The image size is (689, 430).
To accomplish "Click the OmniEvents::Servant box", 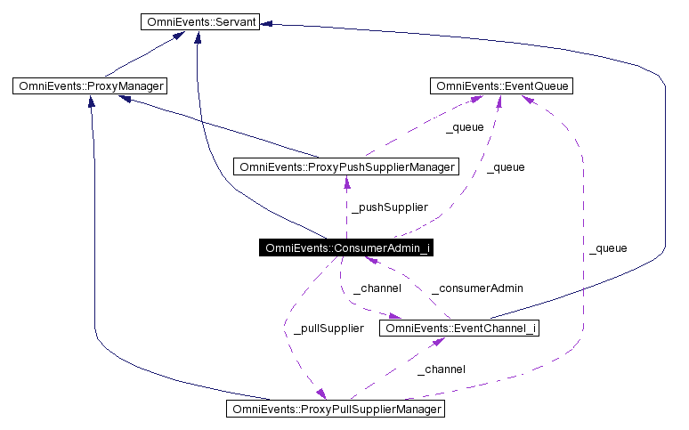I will pos(199,21).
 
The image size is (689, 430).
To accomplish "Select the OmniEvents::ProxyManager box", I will pos(90,86).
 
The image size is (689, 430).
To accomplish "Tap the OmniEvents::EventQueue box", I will pos(501,86).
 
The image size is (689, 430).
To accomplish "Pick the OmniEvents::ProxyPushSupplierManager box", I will pos(346,166).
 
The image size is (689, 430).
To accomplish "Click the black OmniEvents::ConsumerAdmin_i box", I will pos(347,247).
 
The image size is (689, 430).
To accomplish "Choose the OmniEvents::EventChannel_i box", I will pos(460,329).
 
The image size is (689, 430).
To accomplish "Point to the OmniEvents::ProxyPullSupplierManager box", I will pos(335,410).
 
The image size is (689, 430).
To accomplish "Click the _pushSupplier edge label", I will pos(389,207).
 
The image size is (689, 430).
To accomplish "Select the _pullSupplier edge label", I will pos(328,329).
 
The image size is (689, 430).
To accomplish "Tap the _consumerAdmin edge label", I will pos(476,288).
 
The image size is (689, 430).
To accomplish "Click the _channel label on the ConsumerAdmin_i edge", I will pos(377,288).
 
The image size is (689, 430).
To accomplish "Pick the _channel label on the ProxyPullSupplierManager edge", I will pos(441,369).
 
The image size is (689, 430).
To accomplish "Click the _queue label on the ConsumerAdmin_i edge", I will pos(506,167).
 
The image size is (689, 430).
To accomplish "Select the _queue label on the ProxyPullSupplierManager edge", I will pos(608,248).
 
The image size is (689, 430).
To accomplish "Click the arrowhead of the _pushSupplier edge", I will pos(346,182).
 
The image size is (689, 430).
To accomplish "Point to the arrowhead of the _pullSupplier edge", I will pos(320,396).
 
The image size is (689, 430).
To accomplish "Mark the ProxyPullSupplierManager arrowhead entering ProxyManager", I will pos(91,101).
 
